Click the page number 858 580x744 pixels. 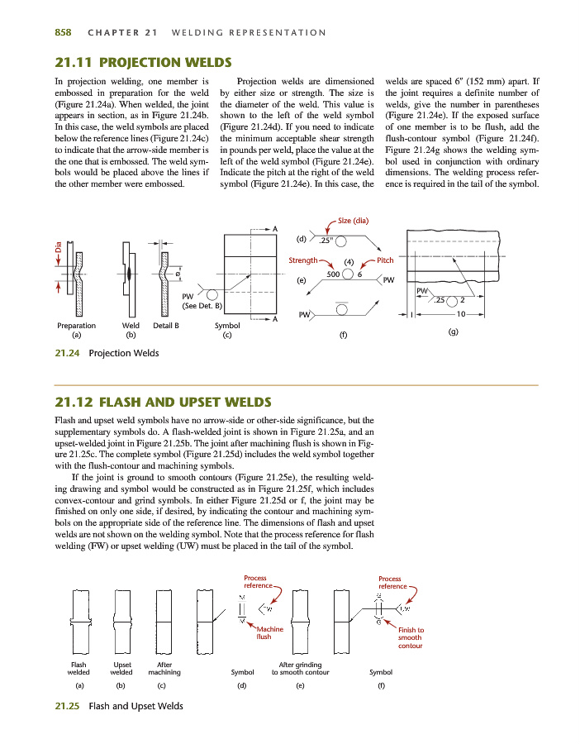tap(63, 32)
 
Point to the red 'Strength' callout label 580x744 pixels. tap(303, 260)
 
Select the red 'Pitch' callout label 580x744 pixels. tap(385, 260)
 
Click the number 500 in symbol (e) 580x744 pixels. tap(335, 274)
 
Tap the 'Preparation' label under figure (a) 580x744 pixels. tap(76, 326)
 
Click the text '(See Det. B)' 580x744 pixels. tap(202, 306)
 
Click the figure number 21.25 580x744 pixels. tap(67, 706)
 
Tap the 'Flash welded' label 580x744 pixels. tap(78, 669)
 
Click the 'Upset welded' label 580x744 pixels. tap(121, 669)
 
